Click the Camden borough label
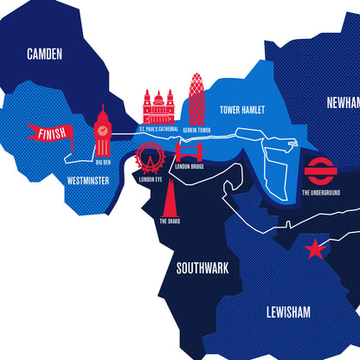(x=45, y=54)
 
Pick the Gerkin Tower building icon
(x=197, y=99)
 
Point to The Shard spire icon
(x=170, y=197)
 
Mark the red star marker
(x=314, y=251)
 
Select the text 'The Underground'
(x=320, y=191)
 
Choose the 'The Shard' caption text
(x=170, y=221)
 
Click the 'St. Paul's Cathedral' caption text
(x=158, y=130)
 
